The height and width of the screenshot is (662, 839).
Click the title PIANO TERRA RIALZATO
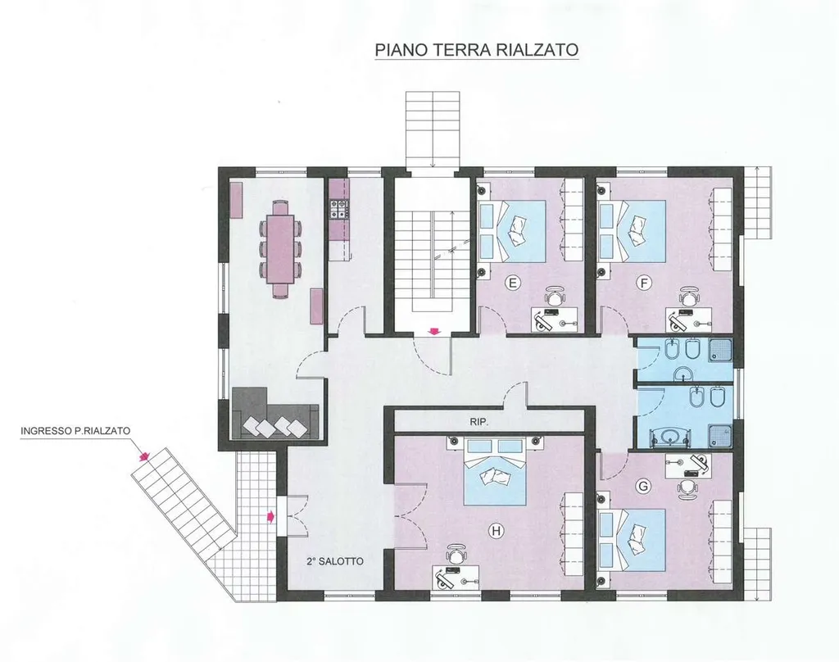click(476, 50)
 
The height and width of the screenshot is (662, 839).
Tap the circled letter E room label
click(513, 283)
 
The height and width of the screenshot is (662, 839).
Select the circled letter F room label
click(643, 283)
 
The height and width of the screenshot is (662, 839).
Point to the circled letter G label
click(643, 486)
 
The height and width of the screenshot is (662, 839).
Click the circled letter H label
click(497, 531)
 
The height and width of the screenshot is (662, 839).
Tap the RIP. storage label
click(478, 422)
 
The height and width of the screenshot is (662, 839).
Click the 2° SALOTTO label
click(335, 561)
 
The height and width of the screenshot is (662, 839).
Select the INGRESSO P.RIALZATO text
click(75, 431)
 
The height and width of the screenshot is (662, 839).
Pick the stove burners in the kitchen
click(338, 209)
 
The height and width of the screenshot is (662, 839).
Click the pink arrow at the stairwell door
click(434, 331)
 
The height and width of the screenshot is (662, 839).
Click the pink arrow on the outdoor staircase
click(143, 456)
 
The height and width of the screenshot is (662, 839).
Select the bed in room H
click(494, 471)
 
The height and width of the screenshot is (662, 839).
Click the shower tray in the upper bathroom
click(720, 350)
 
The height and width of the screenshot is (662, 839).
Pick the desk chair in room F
click(689, 295)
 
